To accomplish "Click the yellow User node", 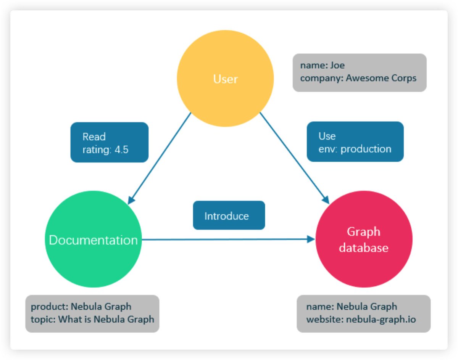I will (225, 79).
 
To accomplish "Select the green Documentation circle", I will (94, 239).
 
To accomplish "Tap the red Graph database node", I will (364, 239).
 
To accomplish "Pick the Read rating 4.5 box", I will (110, 142).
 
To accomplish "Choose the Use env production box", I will (355, 142).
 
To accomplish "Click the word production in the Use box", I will (366, 149).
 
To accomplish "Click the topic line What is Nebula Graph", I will (92, 319).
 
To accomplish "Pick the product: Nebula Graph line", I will (81, 306).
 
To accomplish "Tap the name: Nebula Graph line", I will (351, 306).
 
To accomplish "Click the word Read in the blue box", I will (94, 137).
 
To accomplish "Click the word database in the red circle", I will (364, 248).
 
